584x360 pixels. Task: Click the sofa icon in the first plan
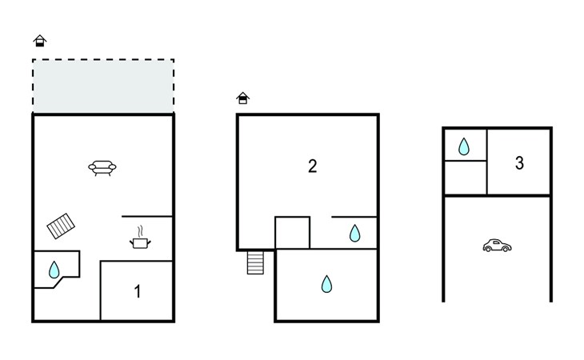click(102, 167)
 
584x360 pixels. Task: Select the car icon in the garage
click(497, 246)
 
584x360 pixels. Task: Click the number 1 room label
click(137, 292)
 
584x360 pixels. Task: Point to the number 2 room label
click(312, 166)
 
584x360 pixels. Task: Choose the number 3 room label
click(519, 163)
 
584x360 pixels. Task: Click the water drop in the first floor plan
click(54, 270)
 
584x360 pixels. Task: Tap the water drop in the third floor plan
click(464, 146)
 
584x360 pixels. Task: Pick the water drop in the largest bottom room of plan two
click(326, 284)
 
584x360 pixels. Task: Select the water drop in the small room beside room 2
click(354, 234)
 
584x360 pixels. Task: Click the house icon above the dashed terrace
click(39, 41)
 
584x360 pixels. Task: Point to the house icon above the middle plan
click(243, 98)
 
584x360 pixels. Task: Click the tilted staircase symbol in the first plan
click(61, 226)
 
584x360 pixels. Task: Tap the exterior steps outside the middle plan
click(255, 262)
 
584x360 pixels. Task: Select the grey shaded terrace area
click(102, 86)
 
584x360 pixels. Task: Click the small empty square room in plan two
click(292, 233)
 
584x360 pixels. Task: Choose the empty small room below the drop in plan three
click(465, 178)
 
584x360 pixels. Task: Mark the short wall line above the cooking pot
click(147, 216)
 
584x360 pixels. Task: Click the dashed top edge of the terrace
click(102, 60)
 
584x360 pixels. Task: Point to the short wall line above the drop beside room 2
click(354, 217)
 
